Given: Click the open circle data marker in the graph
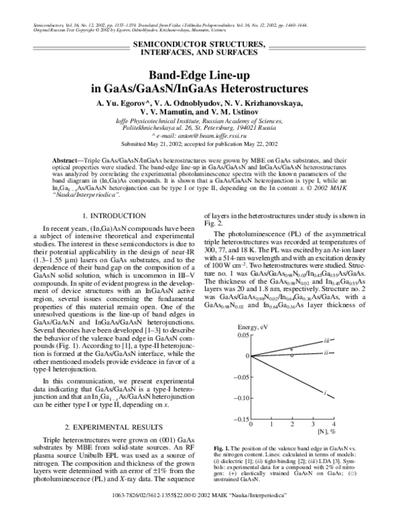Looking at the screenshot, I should coord(292,356).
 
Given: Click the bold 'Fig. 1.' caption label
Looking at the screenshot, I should coord(224,446).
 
